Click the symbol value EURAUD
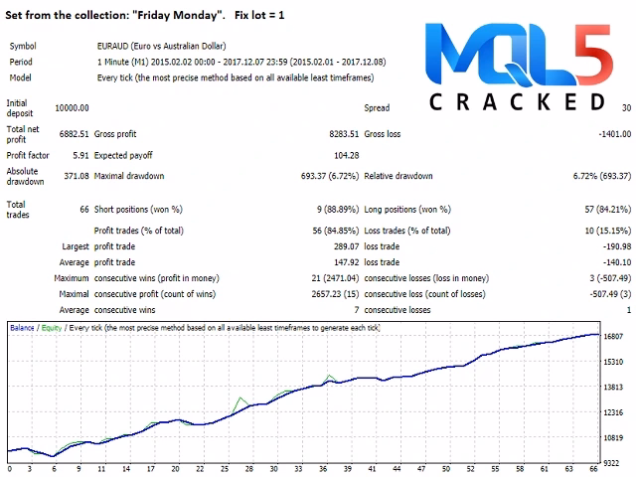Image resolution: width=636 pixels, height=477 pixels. click(x=104, y=46)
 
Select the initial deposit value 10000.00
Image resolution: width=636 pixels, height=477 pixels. click(x=70, y=107)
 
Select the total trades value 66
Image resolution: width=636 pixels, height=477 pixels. click(x=83, y=210)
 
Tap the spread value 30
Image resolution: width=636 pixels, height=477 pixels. click(x=625, y=107)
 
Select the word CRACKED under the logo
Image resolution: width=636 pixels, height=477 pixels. click(x=519, y=101)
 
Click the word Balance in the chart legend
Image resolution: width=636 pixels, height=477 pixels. click(x=24, y=326)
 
